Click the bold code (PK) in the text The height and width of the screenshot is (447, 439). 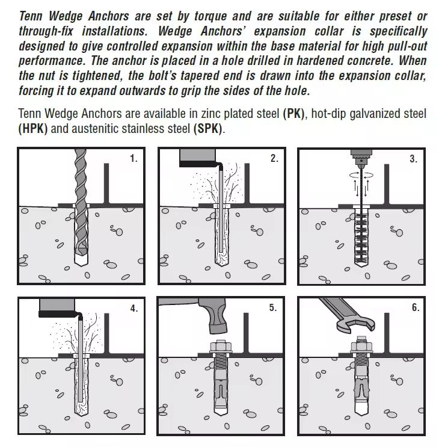click(x=293, y=114)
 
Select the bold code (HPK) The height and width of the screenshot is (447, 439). click(x=32, y=129)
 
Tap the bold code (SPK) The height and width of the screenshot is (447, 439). click(x=207, y=129)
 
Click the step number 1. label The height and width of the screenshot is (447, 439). click(x=134, y=158)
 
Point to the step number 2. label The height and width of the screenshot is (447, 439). click(x=274, y=158)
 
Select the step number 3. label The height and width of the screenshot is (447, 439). click(x=414, y=158)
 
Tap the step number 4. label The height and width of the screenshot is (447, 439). click(x=134, y=308)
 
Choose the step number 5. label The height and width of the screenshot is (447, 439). click(x=273, y=307)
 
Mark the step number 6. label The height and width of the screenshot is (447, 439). click(x=416, y=307)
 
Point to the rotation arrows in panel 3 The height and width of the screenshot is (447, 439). click(x=361, y=175)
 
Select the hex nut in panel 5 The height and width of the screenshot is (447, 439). click(x=221, y=347)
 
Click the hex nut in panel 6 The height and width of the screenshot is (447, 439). click(x=361, y=347)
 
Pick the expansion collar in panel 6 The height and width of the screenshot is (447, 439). click(x=361, y=388)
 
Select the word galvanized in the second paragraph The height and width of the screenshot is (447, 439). click(x=375, y=114)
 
